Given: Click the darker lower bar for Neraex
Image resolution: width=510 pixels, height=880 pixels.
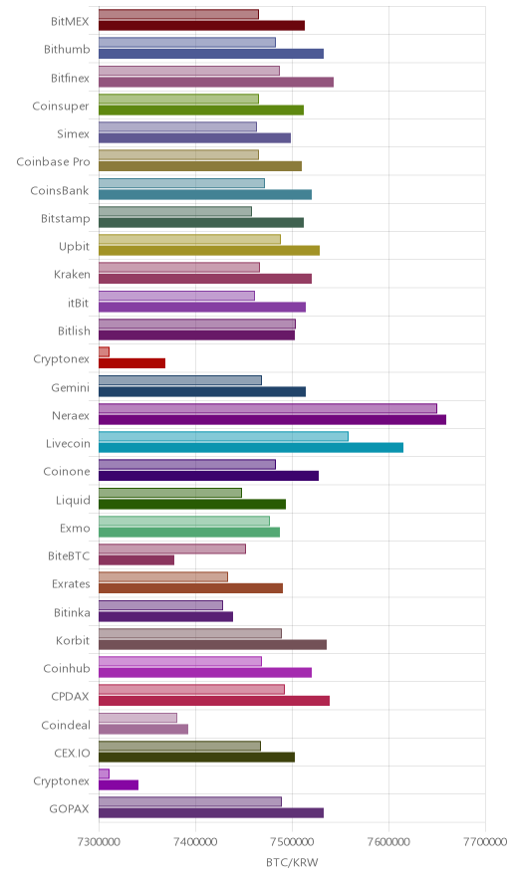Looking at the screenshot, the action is pos(272,420).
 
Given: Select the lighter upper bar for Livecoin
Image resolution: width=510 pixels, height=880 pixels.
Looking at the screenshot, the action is pos(223,437).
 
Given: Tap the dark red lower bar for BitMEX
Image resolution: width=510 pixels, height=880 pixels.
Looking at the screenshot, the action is pos(201,25).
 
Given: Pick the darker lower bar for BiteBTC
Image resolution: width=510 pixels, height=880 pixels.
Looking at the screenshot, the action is pos(136,560).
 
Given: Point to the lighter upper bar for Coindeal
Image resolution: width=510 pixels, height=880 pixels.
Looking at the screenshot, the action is pos(137,718).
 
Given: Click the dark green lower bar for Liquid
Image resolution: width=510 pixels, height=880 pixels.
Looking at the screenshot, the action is pos(192,504).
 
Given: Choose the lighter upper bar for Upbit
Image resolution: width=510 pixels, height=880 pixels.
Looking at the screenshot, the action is pos(190,239).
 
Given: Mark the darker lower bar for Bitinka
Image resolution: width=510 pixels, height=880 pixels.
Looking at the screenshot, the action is pos(165,617).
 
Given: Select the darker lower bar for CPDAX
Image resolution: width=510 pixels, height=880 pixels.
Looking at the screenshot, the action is pos(214,701).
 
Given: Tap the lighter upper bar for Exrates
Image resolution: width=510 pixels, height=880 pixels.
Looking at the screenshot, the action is pos(163,577).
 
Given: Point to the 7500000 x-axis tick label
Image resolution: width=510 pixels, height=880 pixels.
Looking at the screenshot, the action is pos(292,842).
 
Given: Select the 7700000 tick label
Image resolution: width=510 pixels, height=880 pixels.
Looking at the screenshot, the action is pos(486,842).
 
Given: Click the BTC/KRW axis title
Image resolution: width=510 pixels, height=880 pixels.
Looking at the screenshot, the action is pos(292,863).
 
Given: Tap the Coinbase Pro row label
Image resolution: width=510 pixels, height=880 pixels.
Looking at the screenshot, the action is pos(53,161).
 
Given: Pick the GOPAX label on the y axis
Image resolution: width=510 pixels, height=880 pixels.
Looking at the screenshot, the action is pos(69,808).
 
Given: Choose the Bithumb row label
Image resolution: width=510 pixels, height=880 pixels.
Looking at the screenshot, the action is pos(67,50).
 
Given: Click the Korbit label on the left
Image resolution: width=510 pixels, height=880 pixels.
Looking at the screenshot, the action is pos(73,640).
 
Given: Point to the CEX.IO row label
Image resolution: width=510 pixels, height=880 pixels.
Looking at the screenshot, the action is pos(72,754).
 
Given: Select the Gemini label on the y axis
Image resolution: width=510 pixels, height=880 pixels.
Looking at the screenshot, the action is pos(70,388).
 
